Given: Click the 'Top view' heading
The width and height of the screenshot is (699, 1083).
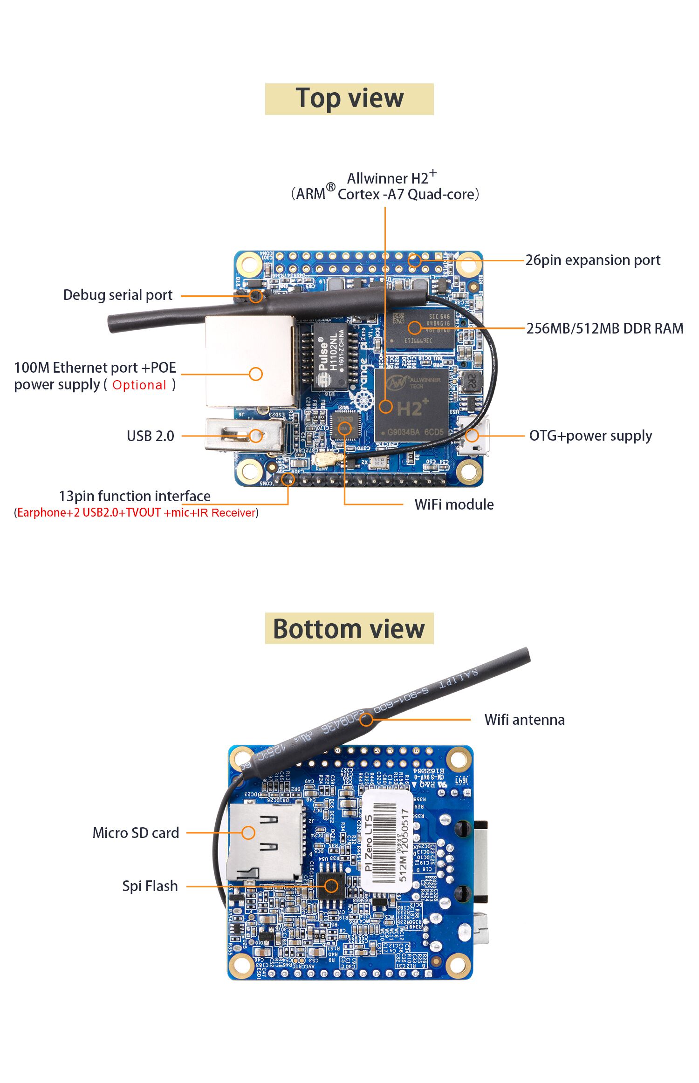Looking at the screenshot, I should (349, 99).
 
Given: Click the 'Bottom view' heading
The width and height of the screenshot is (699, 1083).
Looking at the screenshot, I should (349, 629).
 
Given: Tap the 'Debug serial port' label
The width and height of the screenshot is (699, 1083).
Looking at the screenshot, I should (117, 295).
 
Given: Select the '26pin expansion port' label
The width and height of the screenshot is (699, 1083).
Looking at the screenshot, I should (593, 260).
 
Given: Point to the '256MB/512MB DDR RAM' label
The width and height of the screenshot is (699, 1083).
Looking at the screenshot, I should (605, 328).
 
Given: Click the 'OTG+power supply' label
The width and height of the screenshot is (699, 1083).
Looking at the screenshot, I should (590, 436).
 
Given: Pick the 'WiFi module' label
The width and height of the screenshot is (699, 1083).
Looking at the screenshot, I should (454, 504).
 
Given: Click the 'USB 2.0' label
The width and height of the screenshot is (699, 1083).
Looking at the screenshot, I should (150, 436).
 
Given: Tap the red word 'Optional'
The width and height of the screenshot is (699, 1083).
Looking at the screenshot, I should (139, 385).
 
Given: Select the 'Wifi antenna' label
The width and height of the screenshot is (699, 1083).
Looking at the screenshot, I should (524, 720).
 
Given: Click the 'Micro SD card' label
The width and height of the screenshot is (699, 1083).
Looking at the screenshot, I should (136, 833).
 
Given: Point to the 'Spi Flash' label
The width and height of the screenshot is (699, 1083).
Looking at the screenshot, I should (150, 886).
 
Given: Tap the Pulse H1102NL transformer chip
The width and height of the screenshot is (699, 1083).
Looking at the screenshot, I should (330, 356).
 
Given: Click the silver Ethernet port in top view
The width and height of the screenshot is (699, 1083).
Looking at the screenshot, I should (250, 361).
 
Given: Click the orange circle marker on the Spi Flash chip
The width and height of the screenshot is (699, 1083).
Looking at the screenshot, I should (331, 886).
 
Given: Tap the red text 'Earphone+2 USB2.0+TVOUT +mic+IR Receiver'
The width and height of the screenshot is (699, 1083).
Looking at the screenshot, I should (137, 513).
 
